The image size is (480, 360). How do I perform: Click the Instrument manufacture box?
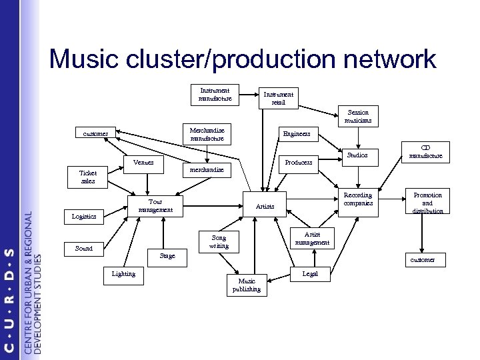[x=215, y=95]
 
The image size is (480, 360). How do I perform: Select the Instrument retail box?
[x=279, y=98]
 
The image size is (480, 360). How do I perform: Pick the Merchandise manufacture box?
[x=207, y=134]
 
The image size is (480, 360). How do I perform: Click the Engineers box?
[x=297, y=134]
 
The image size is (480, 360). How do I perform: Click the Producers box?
[x=299, y=162]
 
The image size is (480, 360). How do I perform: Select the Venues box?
[x=143, y=162]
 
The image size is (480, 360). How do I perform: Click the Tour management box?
[x=155, y=205]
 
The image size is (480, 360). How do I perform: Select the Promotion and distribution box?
[x=427, y=203]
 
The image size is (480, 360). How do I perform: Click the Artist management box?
[x=312, y=238]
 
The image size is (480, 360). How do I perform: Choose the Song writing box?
[x=219, y=241]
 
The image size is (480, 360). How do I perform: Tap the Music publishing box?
[x=246, y=285]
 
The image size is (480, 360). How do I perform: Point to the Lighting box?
[x=124, y=273]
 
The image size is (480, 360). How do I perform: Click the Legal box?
[x=311, y=273]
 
